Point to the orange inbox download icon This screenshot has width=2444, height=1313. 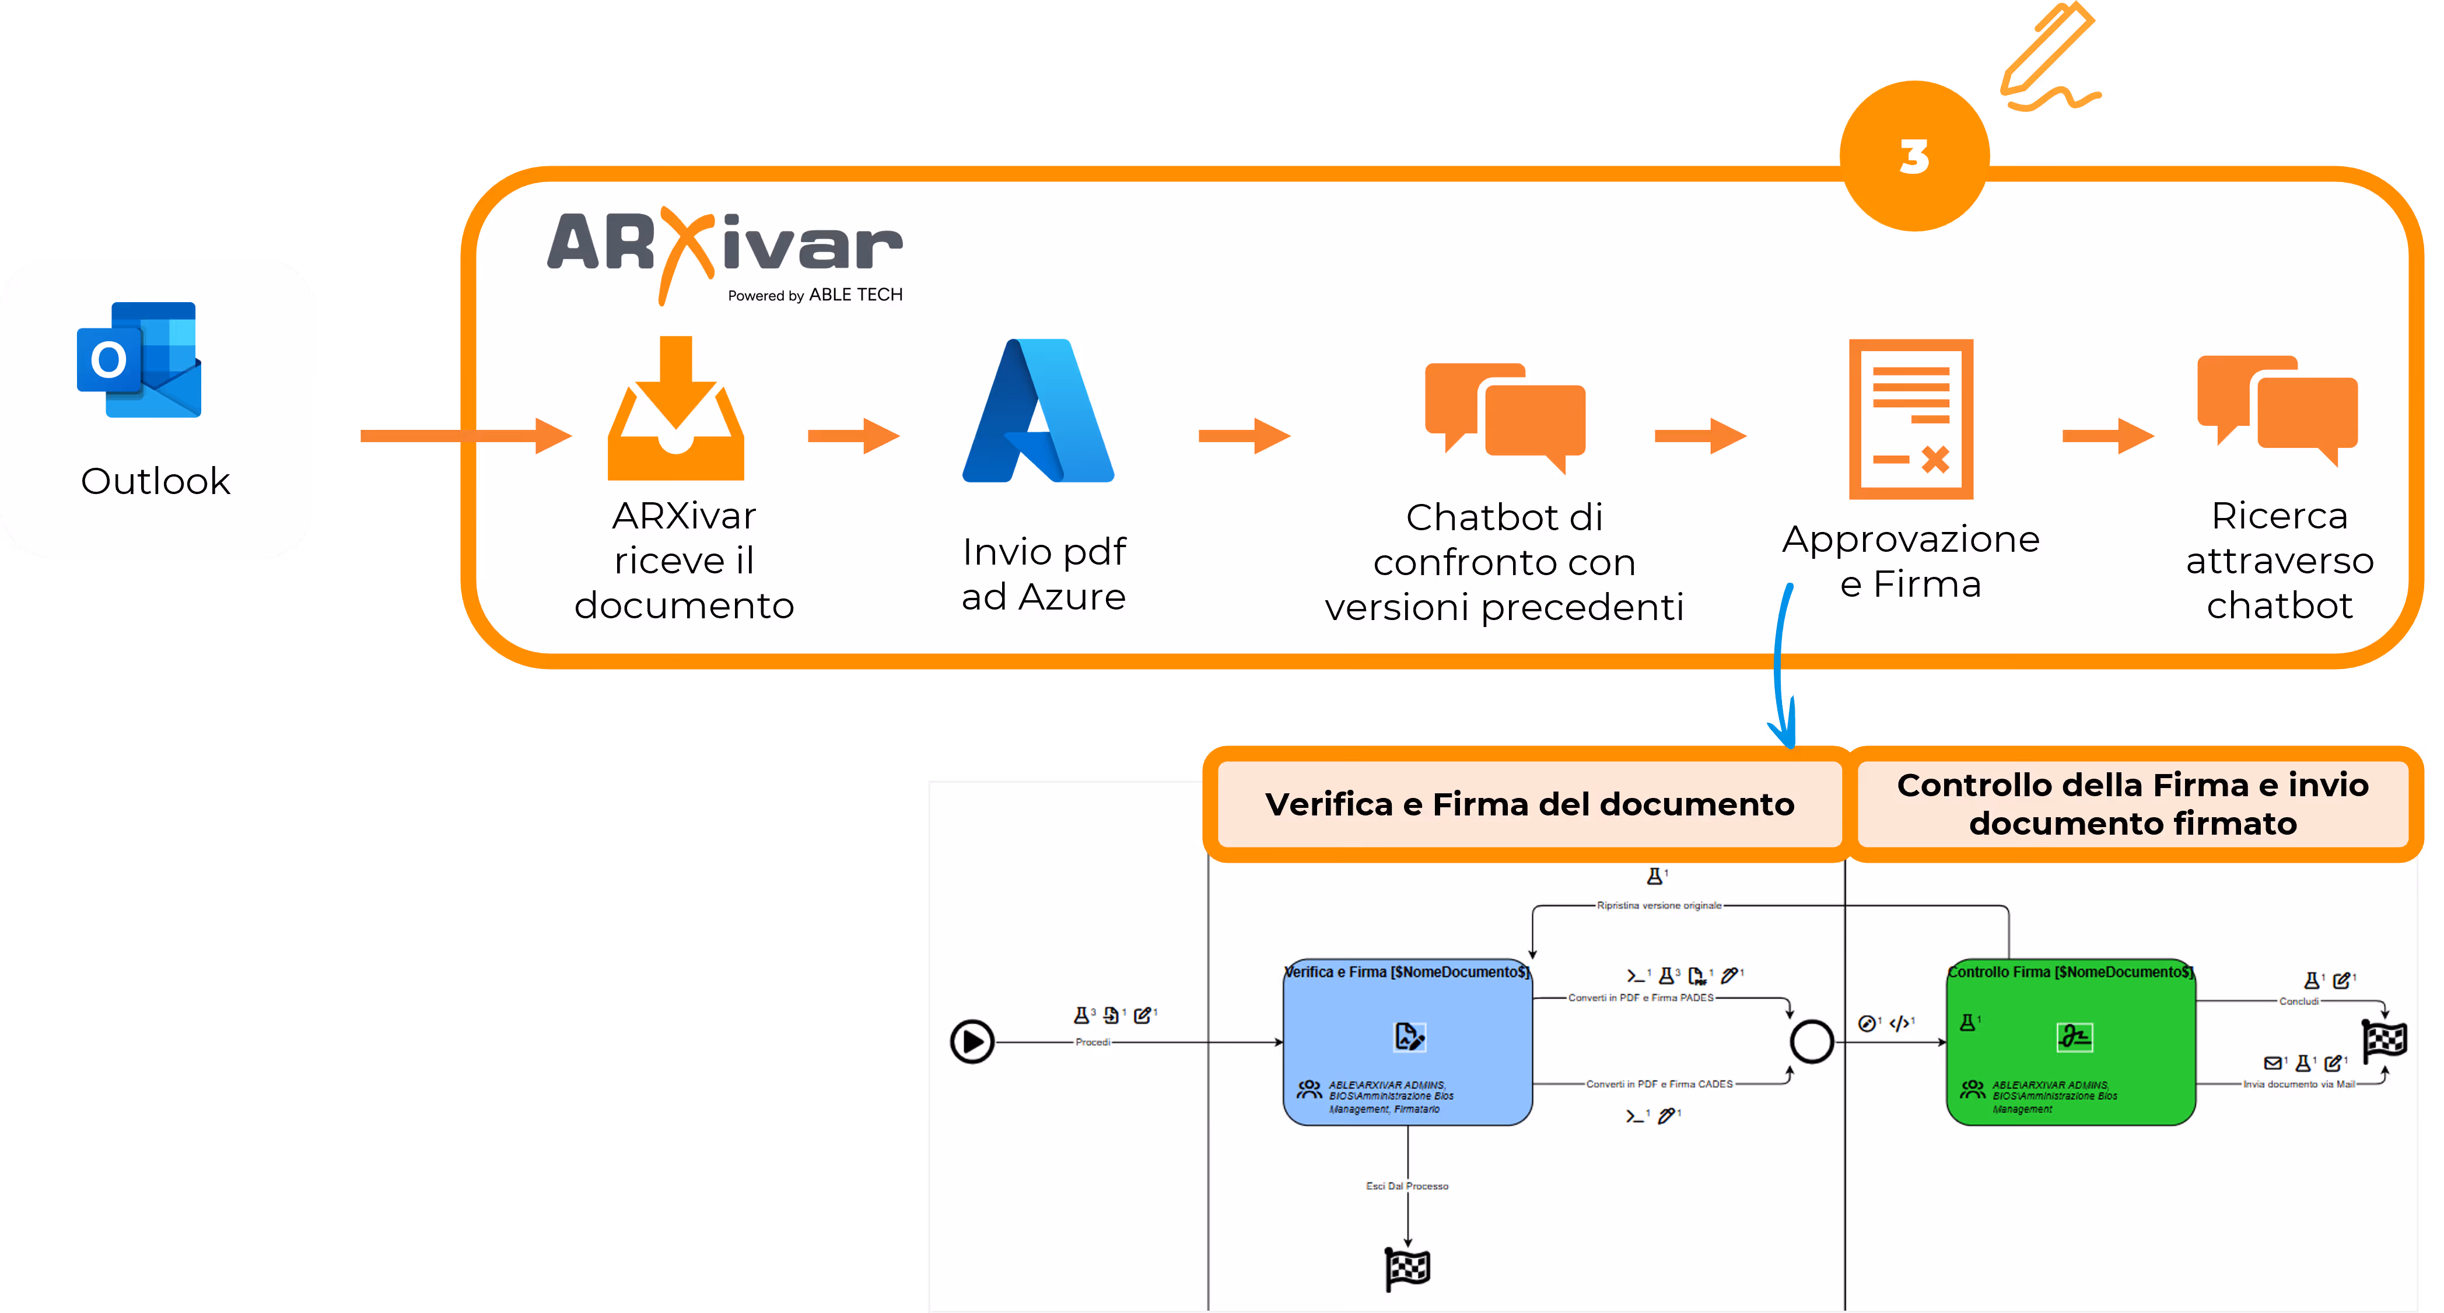tap(675, 410)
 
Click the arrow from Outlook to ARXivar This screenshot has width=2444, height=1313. tap(465, 436)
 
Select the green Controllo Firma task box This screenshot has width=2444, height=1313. tap(2070, 1044)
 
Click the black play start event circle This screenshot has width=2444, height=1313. tap(972, 1042)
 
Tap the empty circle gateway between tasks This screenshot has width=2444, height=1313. tap(1811, 1042)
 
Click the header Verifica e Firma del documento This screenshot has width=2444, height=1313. tap(1529, 804)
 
